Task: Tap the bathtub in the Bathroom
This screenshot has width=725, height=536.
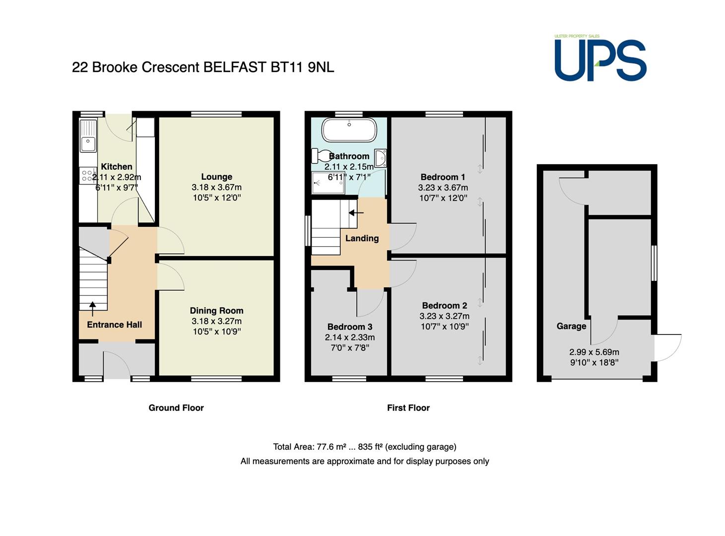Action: point(349,130)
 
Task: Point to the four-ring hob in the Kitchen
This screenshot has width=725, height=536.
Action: point(87,176)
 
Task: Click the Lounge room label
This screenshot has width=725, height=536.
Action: point(216,177)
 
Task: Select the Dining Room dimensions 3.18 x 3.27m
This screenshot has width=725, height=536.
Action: point(216,321)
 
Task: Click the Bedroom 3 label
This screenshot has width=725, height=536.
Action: point(350,327)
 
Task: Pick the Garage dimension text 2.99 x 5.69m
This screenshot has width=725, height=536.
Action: point(594,352)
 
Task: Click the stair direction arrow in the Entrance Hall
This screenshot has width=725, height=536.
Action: point(92,309)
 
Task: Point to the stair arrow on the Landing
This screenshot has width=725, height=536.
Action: point(356,213)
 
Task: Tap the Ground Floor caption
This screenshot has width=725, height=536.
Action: point(176,407)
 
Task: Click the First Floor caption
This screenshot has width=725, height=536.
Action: point(408,407)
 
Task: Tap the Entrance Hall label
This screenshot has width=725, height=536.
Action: point(115,325)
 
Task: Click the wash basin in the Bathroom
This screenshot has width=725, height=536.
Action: point(380,158)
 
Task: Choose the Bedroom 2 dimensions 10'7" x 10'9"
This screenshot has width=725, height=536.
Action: point(444,326)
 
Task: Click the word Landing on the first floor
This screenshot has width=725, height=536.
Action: point(362,238)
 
